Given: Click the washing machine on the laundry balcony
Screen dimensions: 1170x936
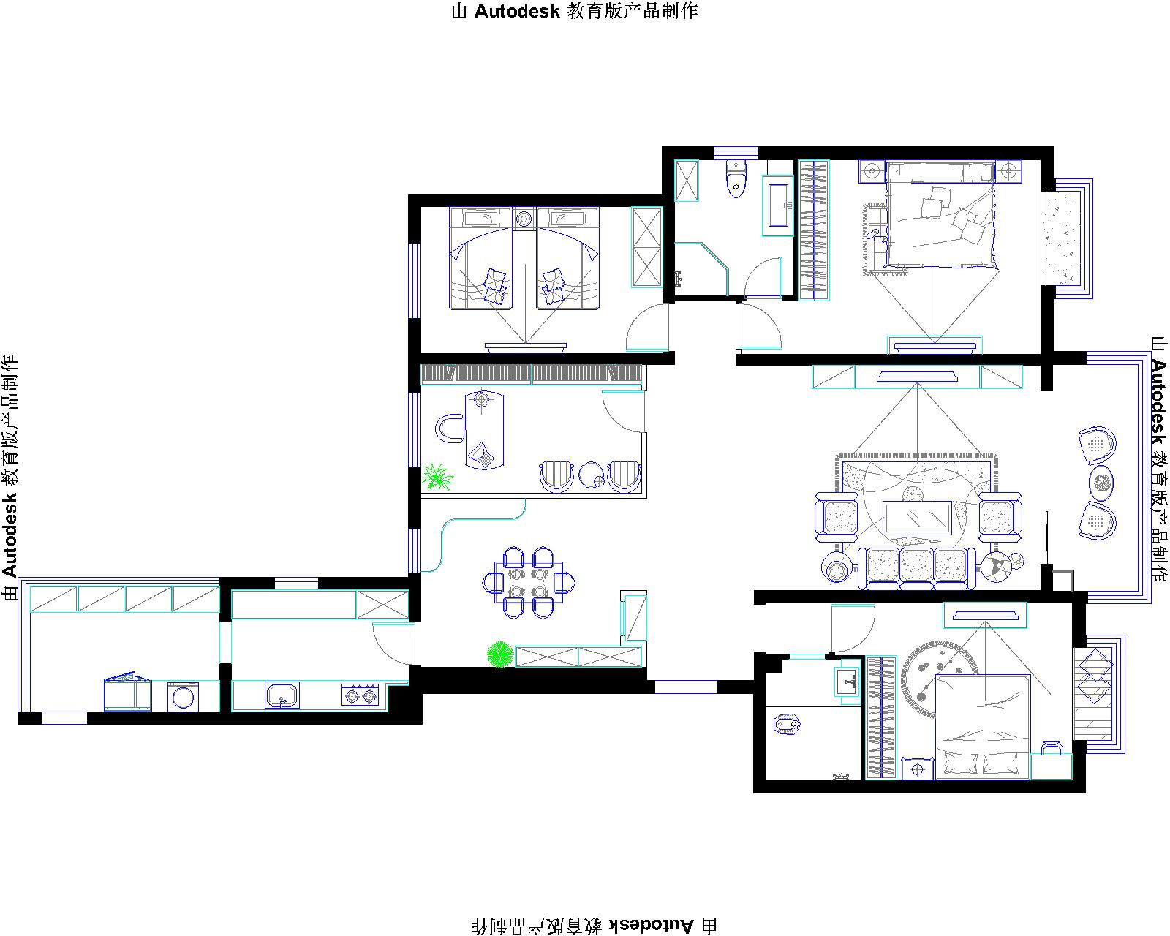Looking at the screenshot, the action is coord(184,697).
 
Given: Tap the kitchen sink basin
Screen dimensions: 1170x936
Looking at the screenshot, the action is coord(282,695).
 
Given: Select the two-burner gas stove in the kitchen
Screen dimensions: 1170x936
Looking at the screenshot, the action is coord(360,695).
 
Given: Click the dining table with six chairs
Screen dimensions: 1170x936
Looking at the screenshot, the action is coord(528,583).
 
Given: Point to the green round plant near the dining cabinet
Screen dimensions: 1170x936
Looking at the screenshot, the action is coord(500,654).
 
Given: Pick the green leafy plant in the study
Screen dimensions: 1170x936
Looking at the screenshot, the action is coord(438,478).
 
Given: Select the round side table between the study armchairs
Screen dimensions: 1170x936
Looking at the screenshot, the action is coord(592,475).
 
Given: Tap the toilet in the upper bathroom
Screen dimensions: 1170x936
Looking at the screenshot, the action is coord(736,178).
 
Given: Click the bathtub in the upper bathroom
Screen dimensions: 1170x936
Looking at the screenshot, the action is coord(778,205).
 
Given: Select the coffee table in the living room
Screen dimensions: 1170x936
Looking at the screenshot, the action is coord(918,517).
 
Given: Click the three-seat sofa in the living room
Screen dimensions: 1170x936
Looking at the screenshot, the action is coord(917,567).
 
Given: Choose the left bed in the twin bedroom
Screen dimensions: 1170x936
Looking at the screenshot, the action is coord(480,258).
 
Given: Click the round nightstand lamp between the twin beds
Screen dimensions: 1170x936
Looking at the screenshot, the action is coord(524,219).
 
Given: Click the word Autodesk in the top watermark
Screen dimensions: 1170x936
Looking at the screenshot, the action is coord(517,12).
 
